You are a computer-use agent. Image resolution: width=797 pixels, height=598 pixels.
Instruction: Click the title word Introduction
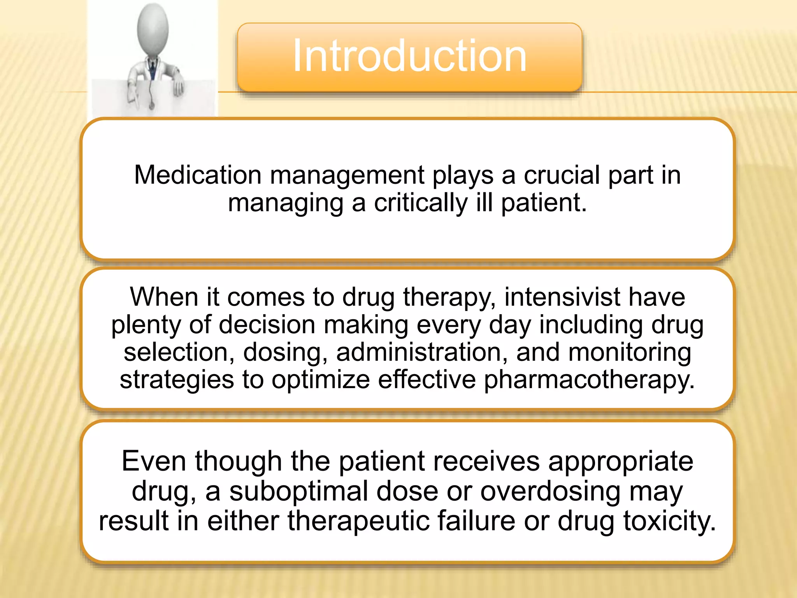point(409,56)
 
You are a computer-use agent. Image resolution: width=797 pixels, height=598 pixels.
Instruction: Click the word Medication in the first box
point(197,175)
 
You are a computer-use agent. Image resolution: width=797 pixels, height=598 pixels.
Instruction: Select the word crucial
point(562,175)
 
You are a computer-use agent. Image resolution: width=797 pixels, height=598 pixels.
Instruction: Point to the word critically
point(421,203)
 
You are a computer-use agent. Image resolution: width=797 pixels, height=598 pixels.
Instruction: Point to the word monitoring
point(629,353)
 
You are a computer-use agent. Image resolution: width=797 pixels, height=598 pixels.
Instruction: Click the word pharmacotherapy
point(589,380)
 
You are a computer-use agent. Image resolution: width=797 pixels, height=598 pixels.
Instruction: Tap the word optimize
point(320,380)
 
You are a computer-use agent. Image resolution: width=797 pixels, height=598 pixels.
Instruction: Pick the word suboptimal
point(298,491)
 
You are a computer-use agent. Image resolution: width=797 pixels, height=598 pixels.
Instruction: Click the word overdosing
point(550,492)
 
